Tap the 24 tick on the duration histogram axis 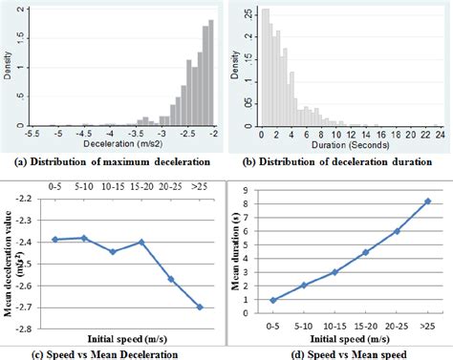pyautogui.click(x=439, y=135)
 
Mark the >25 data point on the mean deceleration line pyautogui.click(x=198, y=307)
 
